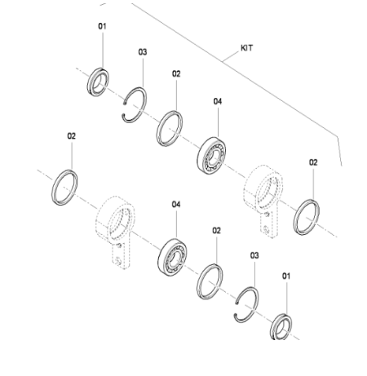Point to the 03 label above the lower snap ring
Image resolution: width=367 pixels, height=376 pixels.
point(255,255)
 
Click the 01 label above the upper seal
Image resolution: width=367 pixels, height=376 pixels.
point(103,27)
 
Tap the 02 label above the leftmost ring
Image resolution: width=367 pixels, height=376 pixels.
point(72,136)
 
